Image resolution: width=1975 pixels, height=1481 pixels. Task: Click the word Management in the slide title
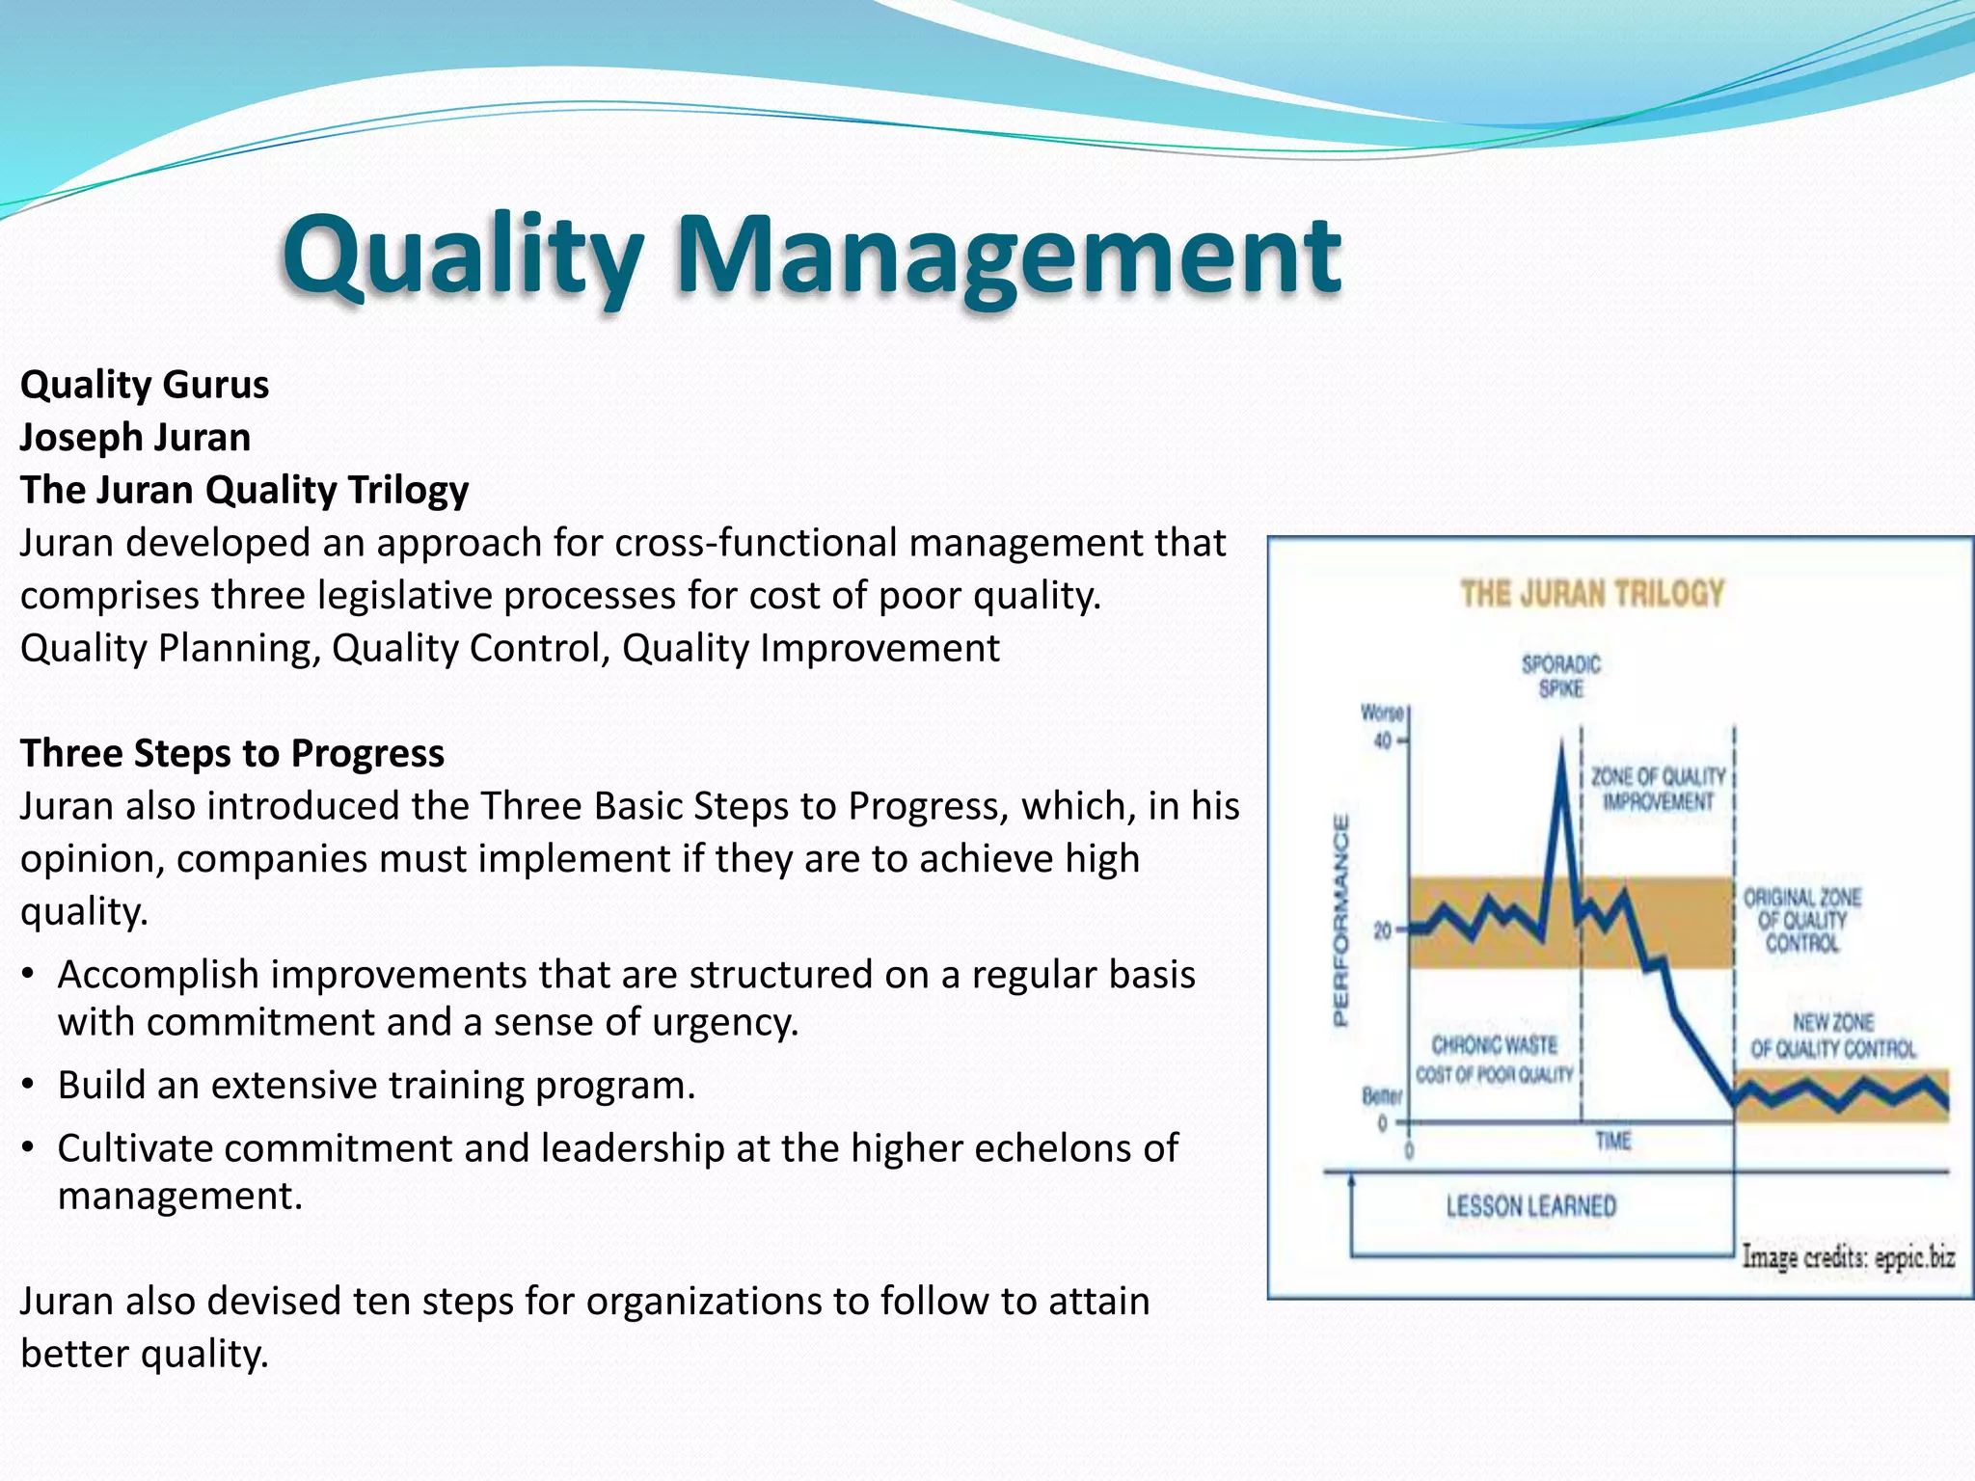(1007, 256)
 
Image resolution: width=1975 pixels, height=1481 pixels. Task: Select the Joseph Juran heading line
(135, 438)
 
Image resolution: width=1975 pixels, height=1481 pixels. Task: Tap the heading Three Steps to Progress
(232, 753)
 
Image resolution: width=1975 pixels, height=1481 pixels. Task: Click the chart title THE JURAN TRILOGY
(1592, 593)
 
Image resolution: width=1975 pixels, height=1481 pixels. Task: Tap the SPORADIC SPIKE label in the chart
(1561, 676)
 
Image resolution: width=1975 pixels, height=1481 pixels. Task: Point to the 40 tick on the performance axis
(1383, 741)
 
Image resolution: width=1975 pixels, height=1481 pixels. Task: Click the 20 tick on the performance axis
(1383, 931)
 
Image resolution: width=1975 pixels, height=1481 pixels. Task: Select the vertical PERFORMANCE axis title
(1340, 921)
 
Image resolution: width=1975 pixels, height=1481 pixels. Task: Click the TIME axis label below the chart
(1613, 1142)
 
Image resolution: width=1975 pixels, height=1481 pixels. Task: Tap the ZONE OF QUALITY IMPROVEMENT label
(1658, 789)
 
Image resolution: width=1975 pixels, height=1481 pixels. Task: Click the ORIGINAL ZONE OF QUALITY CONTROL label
(1801, 921)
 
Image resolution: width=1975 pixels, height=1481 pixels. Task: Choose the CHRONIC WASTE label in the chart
(1494, 1045)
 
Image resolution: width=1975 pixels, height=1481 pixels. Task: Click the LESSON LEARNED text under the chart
(1530, 1206)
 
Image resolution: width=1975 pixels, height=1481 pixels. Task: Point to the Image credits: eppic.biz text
(1848, 1257)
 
